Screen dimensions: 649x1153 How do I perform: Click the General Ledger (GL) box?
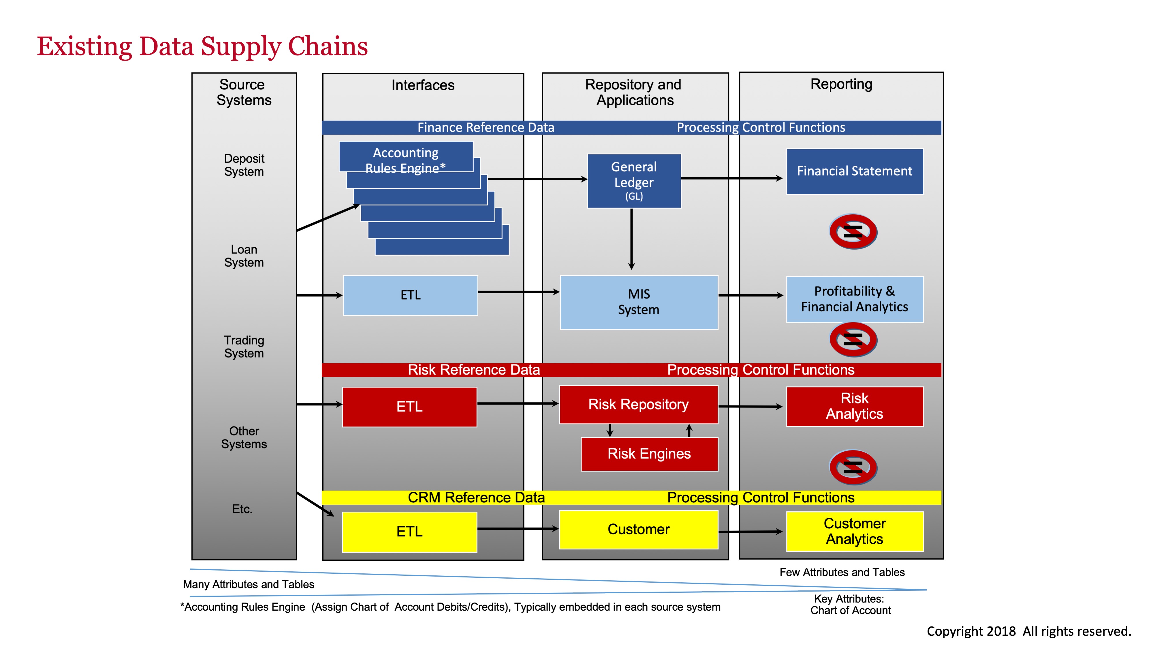pos(634,181)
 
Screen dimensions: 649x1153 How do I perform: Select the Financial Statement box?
pos(855,171)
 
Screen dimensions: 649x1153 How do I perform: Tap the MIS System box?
pos(639,302)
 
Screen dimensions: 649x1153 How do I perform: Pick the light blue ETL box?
pos(410,295)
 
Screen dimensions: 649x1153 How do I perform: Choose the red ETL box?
pos(409,407)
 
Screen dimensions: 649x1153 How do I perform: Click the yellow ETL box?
pos(409,532)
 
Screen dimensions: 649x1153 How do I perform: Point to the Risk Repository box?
pos(638,405)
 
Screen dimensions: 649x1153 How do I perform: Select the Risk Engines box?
pos(649,454)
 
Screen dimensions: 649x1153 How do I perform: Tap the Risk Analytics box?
pos(855,406)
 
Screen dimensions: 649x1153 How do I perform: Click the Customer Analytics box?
pos(855,531)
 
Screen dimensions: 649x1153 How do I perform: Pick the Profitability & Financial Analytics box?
pos(855,299)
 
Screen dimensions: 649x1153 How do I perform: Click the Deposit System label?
pos(244,165)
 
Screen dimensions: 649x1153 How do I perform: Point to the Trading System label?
pos(244,347)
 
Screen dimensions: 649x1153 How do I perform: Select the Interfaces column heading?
pos(422,85)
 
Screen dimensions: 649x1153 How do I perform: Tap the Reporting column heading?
pos(841,84)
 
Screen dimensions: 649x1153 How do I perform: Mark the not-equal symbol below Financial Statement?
pos(853,231)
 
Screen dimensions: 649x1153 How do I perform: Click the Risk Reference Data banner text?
pos(473,370)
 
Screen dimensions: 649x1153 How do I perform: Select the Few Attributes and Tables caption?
pos(842,573)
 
